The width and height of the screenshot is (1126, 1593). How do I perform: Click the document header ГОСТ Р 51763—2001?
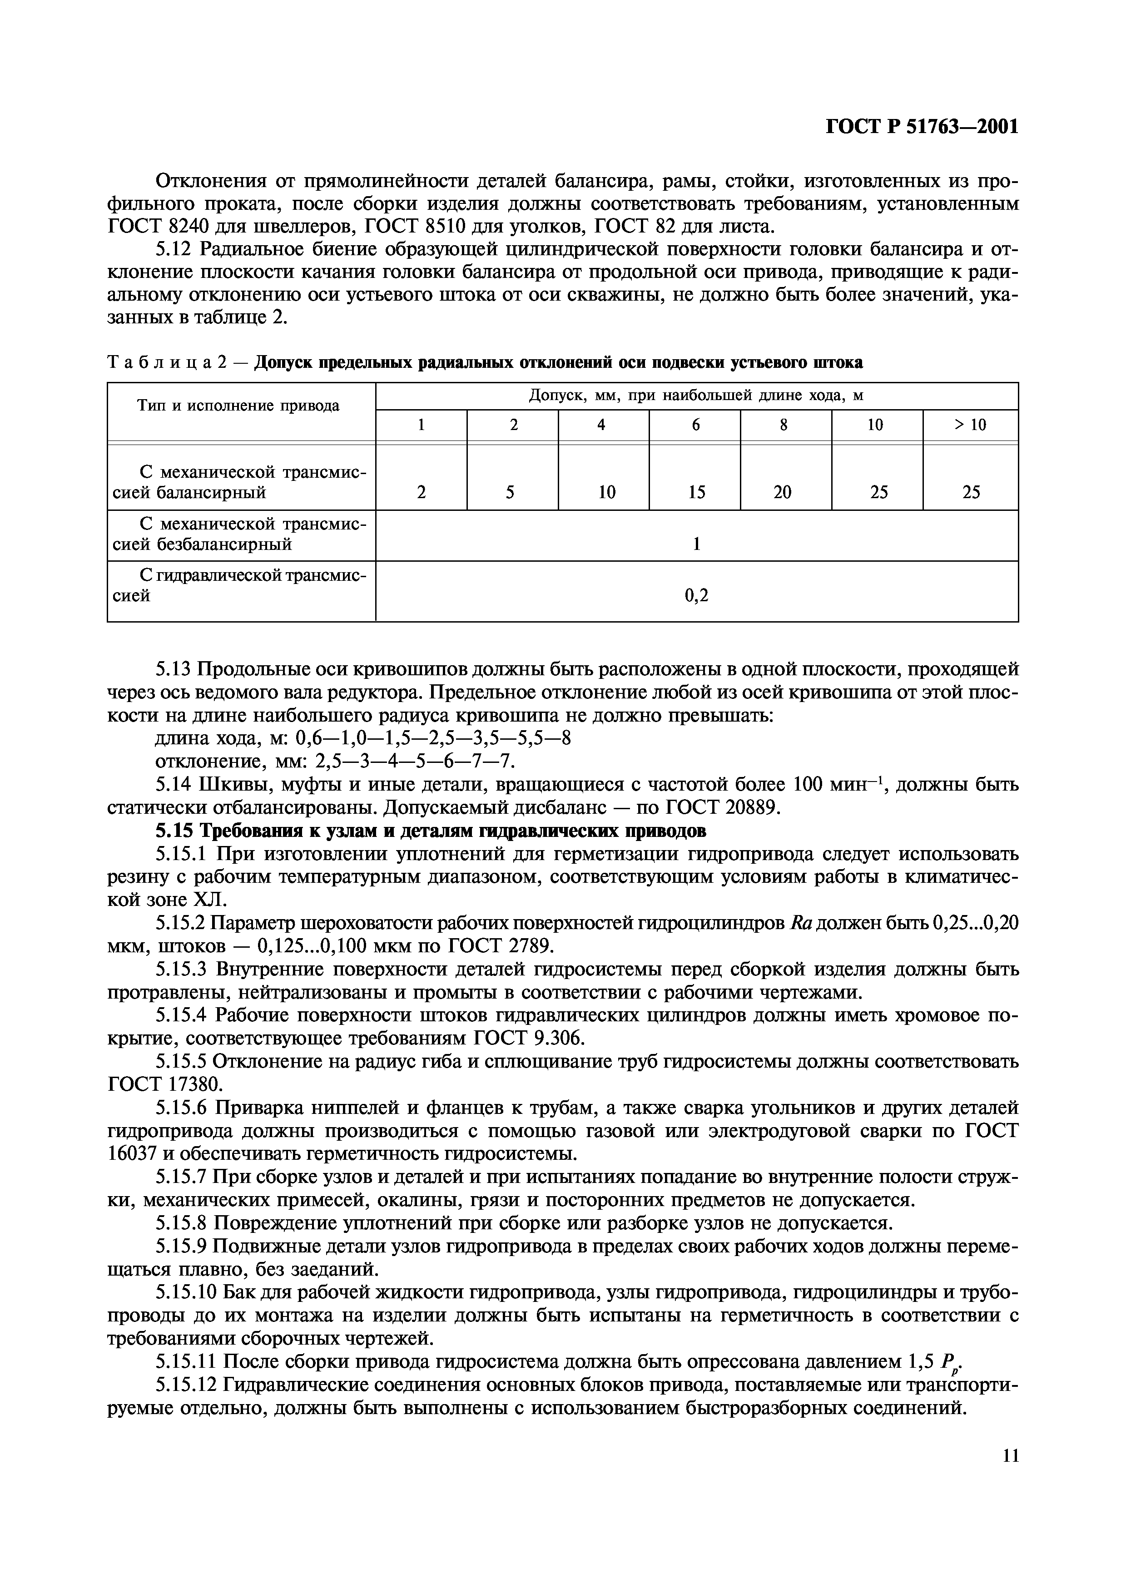(922, 127)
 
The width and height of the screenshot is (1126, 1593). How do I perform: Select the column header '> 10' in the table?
(970, 425)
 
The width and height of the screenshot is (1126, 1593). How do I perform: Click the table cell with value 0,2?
(697, 594)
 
